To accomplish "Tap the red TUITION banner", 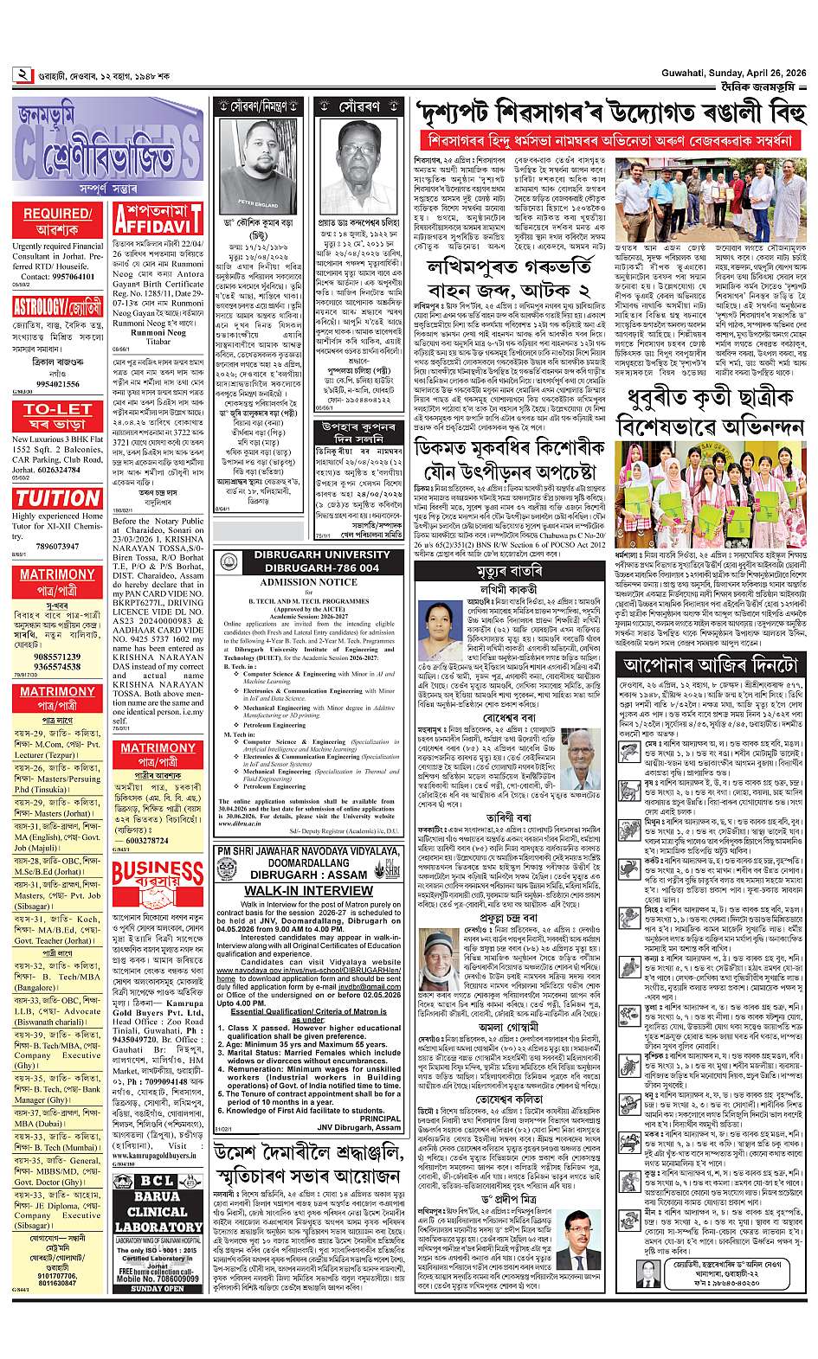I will (x=58, y=497).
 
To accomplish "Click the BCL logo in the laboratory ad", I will (x=158, y=1181).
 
